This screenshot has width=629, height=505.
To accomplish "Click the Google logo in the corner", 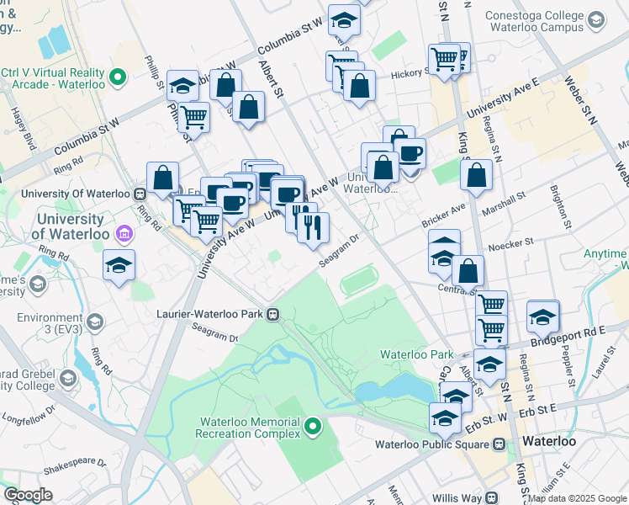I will [28, 495].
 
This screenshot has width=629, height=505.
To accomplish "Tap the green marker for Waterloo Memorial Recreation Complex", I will [314, 428].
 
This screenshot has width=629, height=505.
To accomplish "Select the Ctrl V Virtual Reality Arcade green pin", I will [118, 79].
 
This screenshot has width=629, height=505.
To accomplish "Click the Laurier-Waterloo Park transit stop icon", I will [272, 314].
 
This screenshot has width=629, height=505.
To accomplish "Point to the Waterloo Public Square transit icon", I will [499, 444].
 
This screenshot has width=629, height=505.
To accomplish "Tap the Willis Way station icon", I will [492, 498].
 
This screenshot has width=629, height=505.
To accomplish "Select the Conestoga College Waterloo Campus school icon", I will [596, 20].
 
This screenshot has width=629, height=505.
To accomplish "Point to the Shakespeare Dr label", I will [74, 463].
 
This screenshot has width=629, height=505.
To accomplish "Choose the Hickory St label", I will [410, 74].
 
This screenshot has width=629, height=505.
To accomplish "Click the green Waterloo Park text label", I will [416, 354].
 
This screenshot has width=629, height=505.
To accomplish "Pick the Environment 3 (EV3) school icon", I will [94, 322].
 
